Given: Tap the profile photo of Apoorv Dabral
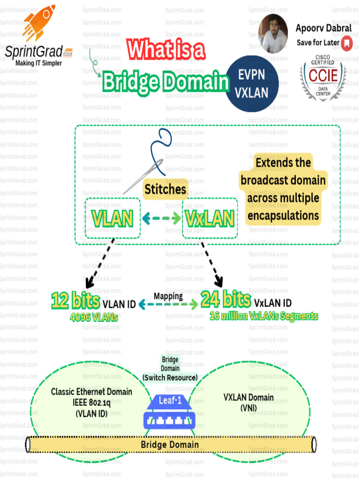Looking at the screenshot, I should [x=273, y=34].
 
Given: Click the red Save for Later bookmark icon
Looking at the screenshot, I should [x=346, y=44].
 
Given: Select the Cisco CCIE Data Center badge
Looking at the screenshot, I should [x=322, y=78].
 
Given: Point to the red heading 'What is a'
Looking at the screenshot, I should [x=166, y=50].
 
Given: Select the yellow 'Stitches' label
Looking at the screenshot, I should [x=165, y=189].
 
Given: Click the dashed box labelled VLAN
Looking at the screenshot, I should [x=112, y=218].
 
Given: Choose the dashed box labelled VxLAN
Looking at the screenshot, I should [x=210, y=218].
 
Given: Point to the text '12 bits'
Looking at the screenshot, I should [x=75, y=300].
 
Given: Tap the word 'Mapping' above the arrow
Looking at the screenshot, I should [x=168, y=296].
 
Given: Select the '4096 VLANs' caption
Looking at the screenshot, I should [x=94, y=316].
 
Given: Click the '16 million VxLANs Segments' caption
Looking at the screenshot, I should [x=263, y=316].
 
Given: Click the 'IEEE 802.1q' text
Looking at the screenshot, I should [x=91, y=402].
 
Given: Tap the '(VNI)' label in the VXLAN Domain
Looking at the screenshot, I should [x=248, y=408].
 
